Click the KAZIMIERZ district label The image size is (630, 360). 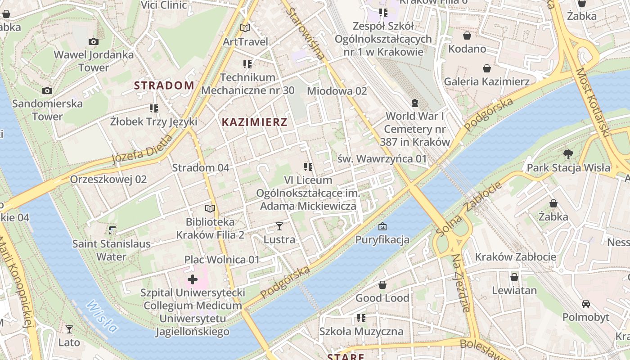coord(254,122)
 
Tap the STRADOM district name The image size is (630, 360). coord(164,85)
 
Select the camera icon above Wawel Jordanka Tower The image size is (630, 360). coord(94,42)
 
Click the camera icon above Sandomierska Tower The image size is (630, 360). coord(47,91)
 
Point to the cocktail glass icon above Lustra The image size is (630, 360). coord(279,226)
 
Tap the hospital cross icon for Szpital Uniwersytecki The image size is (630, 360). coord(193,280)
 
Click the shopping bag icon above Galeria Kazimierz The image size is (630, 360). coord(486,68)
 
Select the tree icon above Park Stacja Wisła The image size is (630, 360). coord(568,154)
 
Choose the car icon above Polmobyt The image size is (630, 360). coord(585,304)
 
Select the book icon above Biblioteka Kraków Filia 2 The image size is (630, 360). coord(210,208)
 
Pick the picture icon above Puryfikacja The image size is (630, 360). coord(382,226)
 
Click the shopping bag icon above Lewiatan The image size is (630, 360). coord(514,277)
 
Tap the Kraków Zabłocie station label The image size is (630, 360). coord(516,257)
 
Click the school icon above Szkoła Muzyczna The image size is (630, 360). coord(361,318)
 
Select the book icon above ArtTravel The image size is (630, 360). coord(245,28)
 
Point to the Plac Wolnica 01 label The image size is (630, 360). coord(222,260)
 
